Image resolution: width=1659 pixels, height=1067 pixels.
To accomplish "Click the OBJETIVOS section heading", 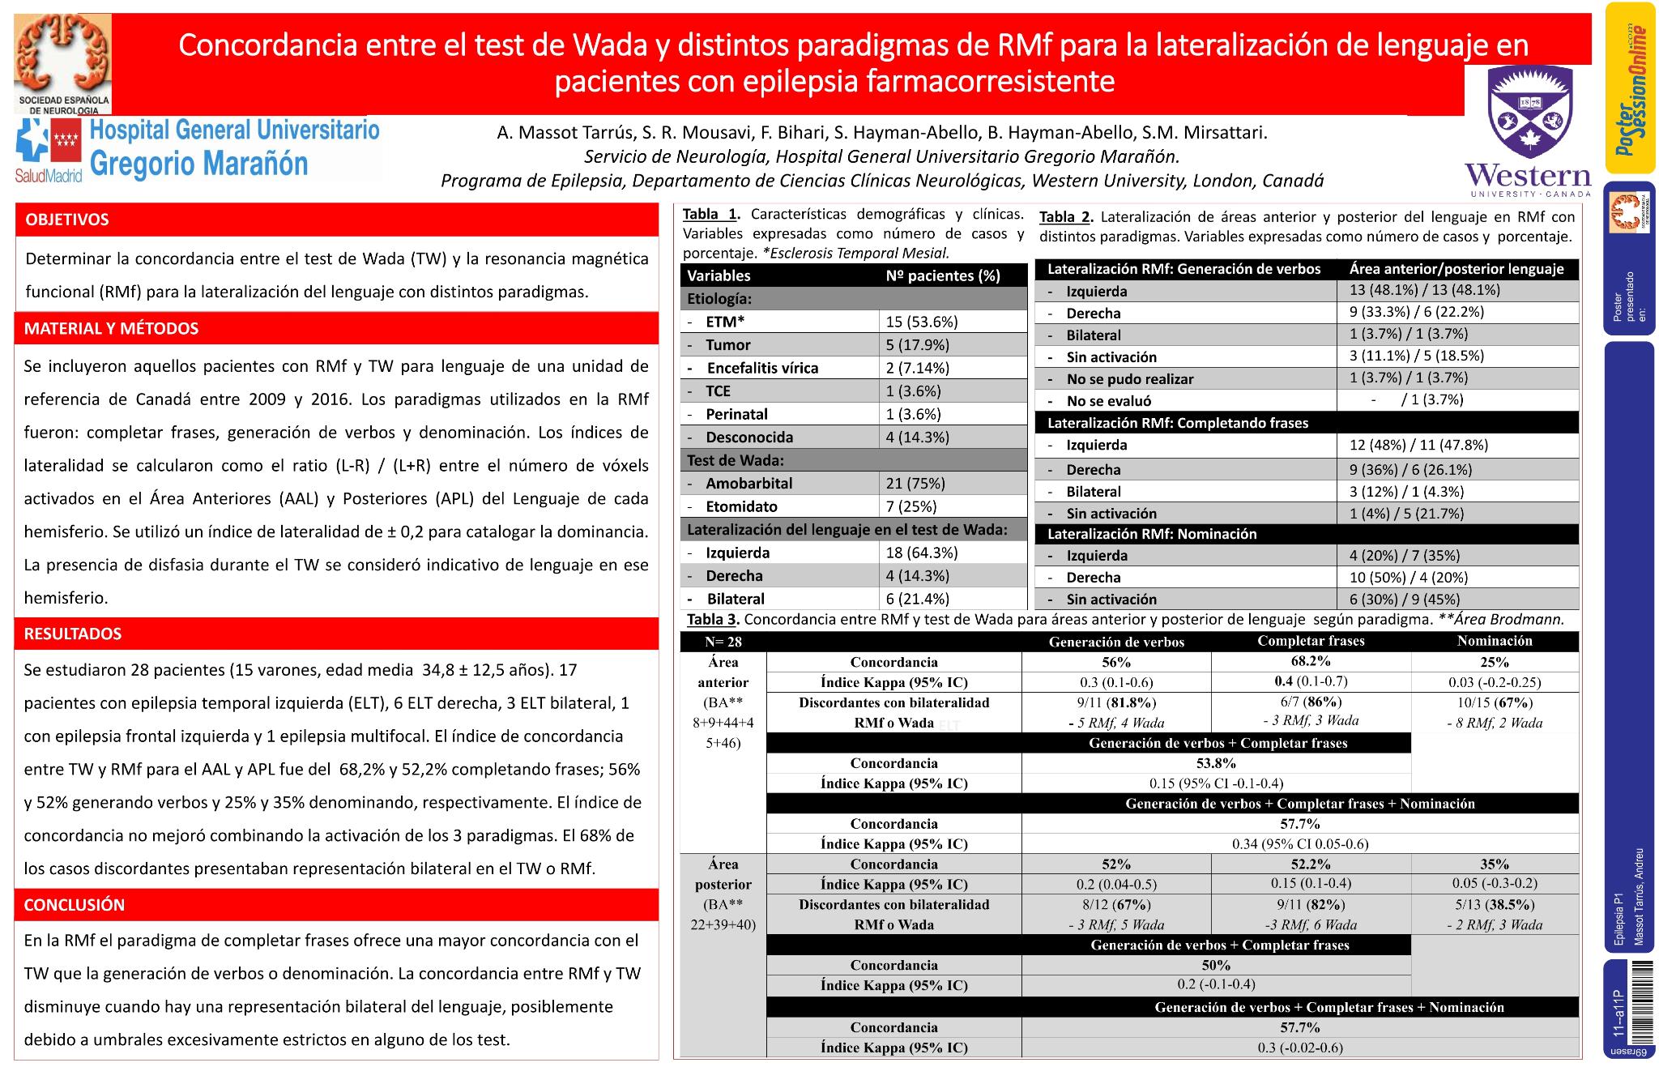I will (67, 220).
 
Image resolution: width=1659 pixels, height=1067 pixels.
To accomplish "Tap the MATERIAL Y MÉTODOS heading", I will (111, 328).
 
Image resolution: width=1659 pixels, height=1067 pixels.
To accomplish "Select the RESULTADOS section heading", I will (73, 634).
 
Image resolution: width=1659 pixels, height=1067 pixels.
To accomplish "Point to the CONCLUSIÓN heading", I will (75, 905).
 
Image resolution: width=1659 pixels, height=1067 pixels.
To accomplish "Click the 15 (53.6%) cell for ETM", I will (922, 322).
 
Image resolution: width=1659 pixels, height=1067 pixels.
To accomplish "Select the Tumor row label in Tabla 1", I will (727, 345).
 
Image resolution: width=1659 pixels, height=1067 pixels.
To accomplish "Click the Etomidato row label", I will (741, 506).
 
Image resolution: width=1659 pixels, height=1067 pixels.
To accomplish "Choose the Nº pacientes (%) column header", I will (943, 275).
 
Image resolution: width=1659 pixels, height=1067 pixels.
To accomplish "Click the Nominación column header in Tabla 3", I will (1494, 641).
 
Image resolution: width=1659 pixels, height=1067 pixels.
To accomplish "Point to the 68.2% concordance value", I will (1311, 661).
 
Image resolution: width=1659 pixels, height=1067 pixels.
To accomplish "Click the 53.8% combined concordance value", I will (1216, 762).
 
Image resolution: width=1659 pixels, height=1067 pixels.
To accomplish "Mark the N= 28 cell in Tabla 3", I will (723, 642).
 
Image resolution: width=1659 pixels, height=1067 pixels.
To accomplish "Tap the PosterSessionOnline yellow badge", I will (1630, 87).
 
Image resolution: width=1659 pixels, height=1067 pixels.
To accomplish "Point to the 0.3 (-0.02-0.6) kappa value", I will (1299, 1048).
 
